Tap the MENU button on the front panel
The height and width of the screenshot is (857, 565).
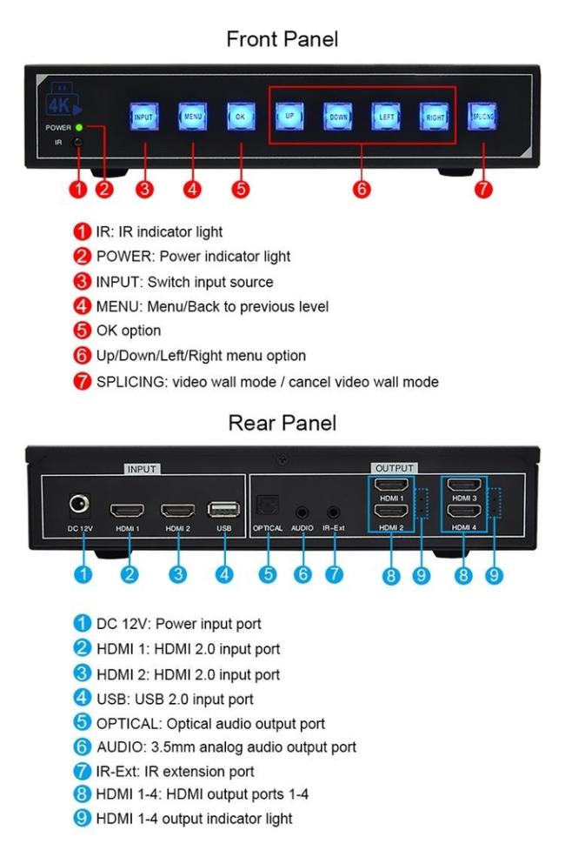[193, 117]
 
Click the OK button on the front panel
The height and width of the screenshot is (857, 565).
[241, 117]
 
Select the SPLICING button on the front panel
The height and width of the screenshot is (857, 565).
[482, 116]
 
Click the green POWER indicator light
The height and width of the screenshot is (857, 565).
[79, 127]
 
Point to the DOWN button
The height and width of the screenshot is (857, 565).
[338, 117]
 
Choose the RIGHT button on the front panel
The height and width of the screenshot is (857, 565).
[435, 117]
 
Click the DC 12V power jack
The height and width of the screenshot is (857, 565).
[80, 504]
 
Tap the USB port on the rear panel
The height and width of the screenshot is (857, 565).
[223, 509]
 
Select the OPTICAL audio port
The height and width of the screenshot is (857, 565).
[268, 505]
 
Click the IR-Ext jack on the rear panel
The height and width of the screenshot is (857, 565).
[333, 512]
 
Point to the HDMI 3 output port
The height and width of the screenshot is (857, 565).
[464, 485]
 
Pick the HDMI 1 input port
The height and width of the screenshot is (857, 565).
[127, 511]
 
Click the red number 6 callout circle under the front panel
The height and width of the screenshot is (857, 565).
[362, 189]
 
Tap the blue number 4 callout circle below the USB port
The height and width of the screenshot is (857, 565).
[223, 574]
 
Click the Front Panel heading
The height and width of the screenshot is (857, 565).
[282, 39]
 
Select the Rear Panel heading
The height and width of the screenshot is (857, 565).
[282, 423]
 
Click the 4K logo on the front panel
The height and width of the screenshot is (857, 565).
[63, 99]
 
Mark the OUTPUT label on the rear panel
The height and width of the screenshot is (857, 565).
[394, 468]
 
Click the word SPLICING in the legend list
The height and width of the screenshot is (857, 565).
[131, 381]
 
